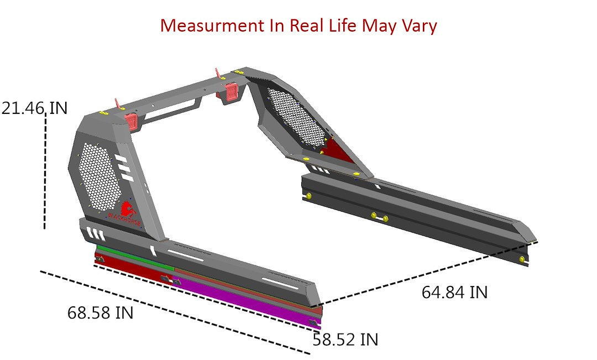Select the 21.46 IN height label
pyautogui.click(x=34, y=108)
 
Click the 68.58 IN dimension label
pyautogui.click(x=101, y=312)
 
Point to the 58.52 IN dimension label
pyautogui.click(x=345, y=340)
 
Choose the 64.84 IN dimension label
pyautogui.click(x=454, y=292)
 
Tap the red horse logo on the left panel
pyautogui.click(x=127, y=209)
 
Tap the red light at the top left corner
pyautogui.click(x=131, y=119)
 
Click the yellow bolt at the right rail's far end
pyautogui.click(x=522, y=259)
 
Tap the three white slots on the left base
pyautogui.click(x=93, y=233)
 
